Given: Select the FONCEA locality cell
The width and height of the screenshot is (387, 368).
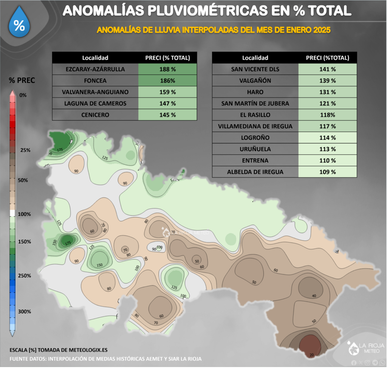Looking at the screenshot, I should point(95,81).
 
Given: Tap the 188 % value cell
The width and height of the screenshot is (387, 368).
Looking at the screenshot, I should point(168,69).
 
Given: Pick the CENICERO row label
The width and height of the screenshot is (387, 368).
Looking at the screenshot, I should point(95,115).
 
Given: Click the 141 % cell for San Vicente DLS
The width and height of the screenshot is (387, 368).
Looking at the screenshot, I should point(327,69).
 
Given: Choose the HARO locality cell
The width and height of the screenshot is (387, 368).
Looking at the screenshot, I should point(255,92).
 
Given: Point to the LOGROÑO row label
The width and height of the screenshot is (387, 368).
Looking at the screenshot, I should point(255,138).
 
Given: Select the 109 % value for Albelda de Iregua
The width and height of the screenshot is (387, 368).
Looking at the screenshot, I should point(327,172).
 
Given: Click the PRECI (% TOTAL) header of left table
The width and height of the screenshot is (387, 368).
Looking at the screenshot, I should point(168,58).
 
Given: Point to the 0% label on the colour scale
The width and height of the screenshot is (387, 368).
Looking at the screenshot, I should point(23,95).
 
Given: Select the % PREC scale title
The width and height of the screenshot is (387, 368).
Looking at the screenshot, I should point(22,80).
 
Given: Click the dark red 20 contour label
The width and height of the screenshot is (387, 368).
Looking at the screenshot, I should point(311,355).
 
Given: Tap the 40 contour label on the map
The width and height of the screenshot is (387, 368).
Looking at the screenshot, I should point(314,296).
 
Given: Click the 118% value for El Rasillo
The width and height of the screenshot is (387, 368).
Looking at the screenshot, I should point(327,115).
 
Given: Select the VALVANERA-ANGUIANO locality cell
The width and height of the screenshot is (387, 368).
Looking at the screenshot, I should point(95,92).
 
